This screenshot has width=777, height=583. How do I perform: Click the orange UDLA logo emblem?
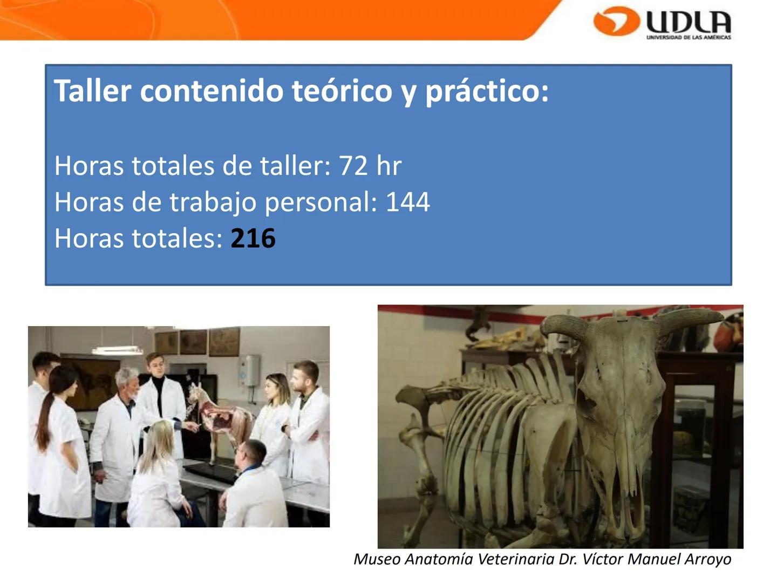click(616, 22)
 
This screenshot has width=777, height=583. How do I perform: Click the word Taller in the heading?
click(92, 91)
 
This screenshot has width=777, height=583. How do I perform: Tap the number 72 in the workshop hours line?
click(353, 166)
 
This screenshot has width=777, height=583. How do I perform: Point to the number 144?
click(407, 202)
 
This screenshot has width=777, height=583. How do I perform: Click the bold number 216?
click(253, 239)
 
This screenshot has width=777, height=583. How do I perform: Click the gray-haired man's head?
click(127, 381)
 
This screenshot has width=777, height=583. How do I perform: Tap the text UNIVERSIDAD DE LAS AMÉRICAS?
click(689, 37)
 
